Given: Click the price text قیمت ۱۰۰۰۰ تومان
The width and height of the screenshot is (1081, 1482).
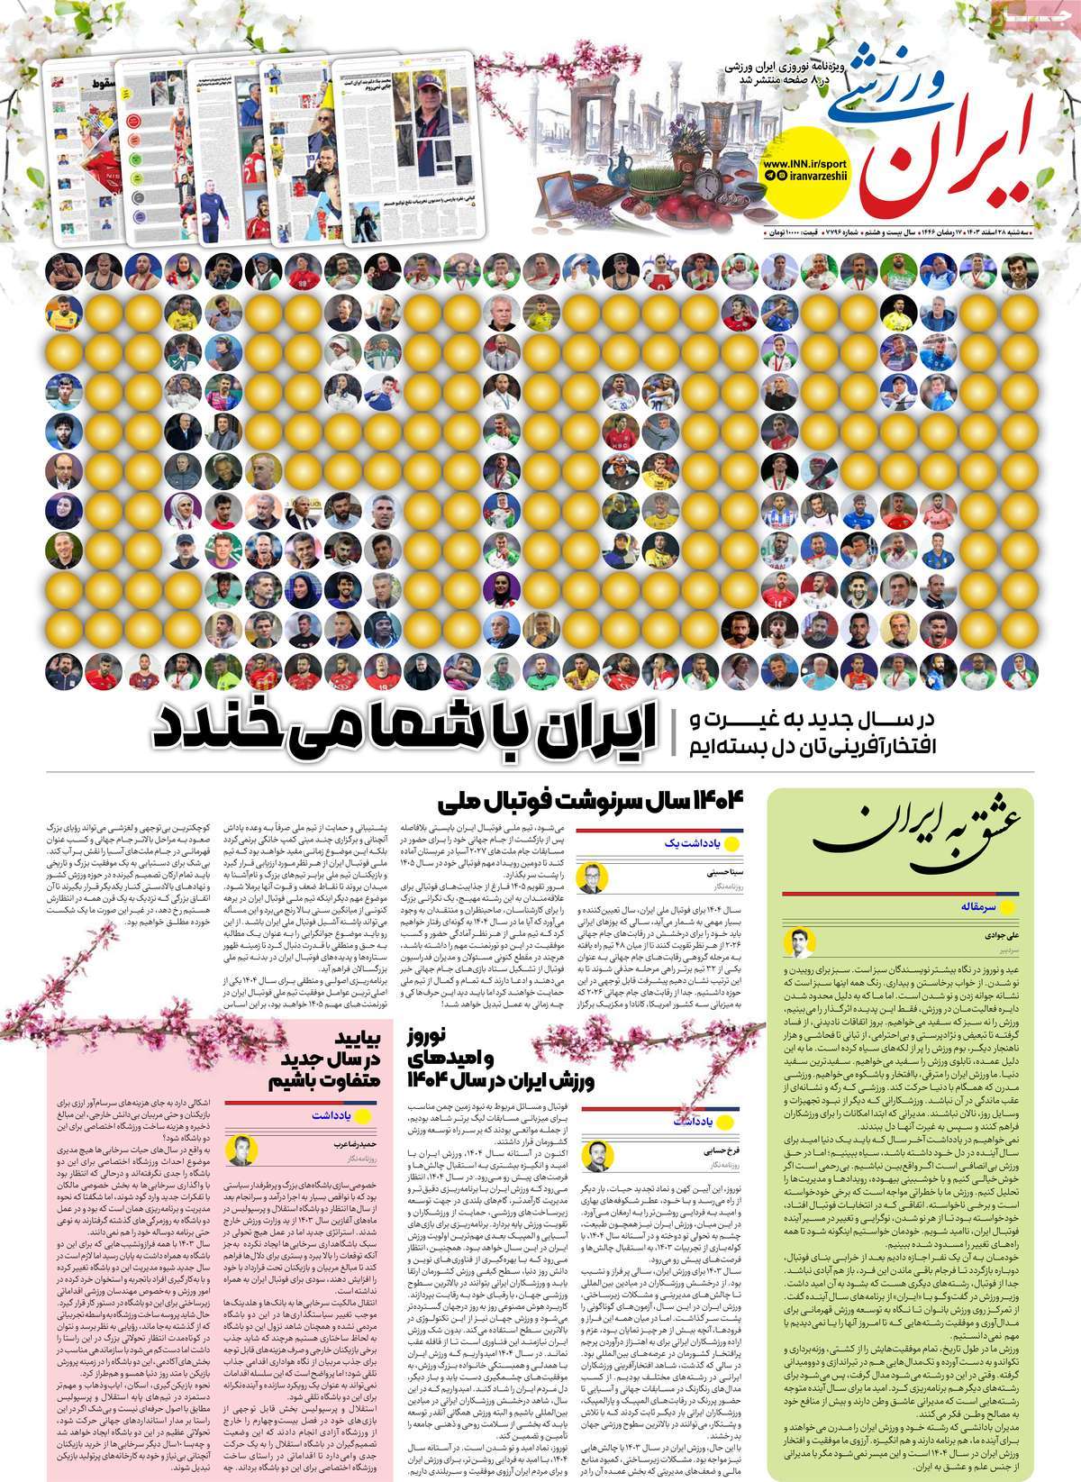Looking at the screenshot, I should click(x=792, y=234).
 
